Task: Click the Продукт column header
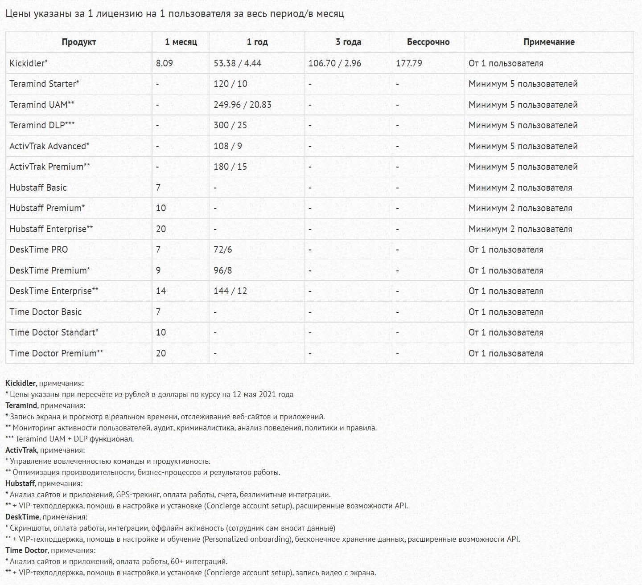[79, 42]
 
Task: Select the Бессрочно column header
[428, 42]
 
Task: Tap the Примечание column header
[549, 42]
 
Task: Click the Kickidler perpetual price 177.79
[409, 63]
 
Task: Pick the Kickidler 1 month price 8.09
[165, 63]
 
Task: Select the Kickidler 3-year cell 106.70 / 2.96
[335, 63]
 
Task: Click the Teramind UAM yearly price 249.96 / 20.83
[243, 105]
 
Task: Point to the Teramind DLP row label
[42, 125]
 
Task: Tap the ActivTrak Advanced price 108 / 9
[228, 146]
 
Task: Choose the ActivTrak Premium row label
[49, 167]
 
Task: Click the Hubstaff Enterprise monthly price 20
[161, 229]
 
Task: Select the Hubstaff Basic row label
[38, 188]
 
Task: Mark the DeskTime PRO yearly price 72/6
[223, 250]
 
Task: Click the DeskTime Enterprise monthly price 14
[161, 291]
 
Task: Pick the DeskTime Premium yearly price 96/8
[223, 270]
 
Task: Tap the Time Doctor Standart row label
[54, 332]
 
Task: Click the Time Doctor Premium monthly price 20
[161, 353]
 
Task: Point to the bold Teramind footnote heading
[21, 405]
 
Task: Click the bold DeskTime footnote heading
[22, 517]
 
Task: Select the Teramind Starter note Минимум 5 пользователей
[523, 84]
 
